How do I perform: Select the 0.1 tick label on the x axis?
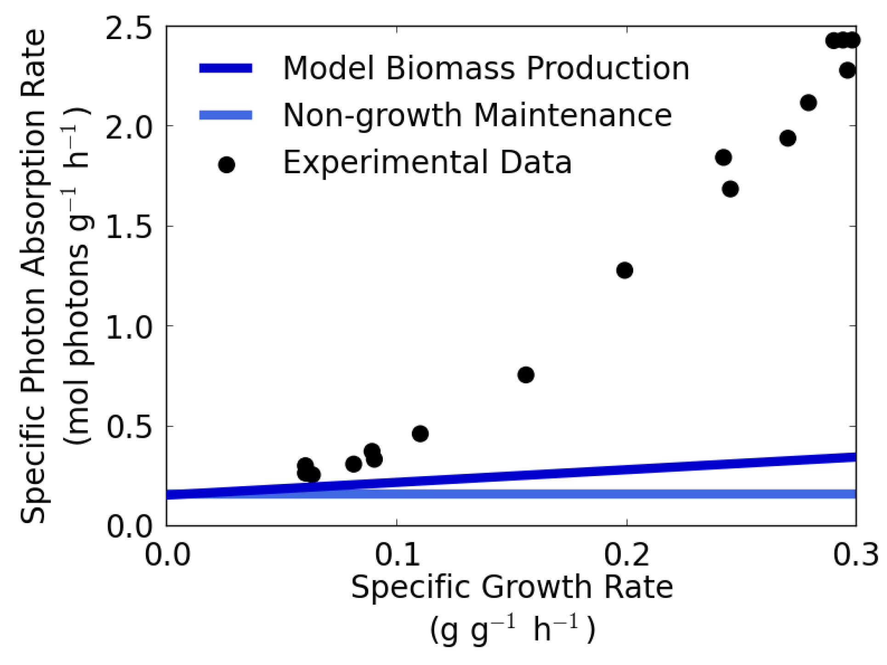tap(397, 555)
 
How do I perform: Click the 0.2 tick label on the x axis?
tap(626, 555)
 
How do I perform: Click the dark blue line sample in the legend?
tap(226, 68)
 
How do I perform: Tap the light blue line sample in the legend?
tap(226, 115)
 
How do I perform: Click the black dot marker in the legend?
tap(227, 165)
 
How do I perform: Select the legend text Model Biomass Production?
tap(486, 68)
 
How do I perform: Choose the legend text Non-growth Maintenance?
tap(477, 115)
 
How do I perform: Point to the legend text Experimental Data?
tap(427, 163)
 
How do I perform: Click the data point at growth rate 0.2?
tap(625, 270)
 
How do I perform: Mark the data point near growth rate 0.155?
tap(526, 375)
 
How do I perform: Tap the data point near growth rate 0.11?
tap(420, 433)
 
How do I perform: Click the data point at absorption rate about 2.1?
tap(808, 103)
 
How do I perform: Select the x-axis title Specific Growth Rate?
tap(512, 588)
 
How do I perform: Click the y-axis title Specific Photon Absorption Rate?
tap(33, 276)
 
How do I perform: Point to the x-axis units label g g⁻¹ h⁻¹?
tap(512, 630)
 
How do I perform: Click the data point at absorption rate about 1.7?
tap(730, 189)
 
